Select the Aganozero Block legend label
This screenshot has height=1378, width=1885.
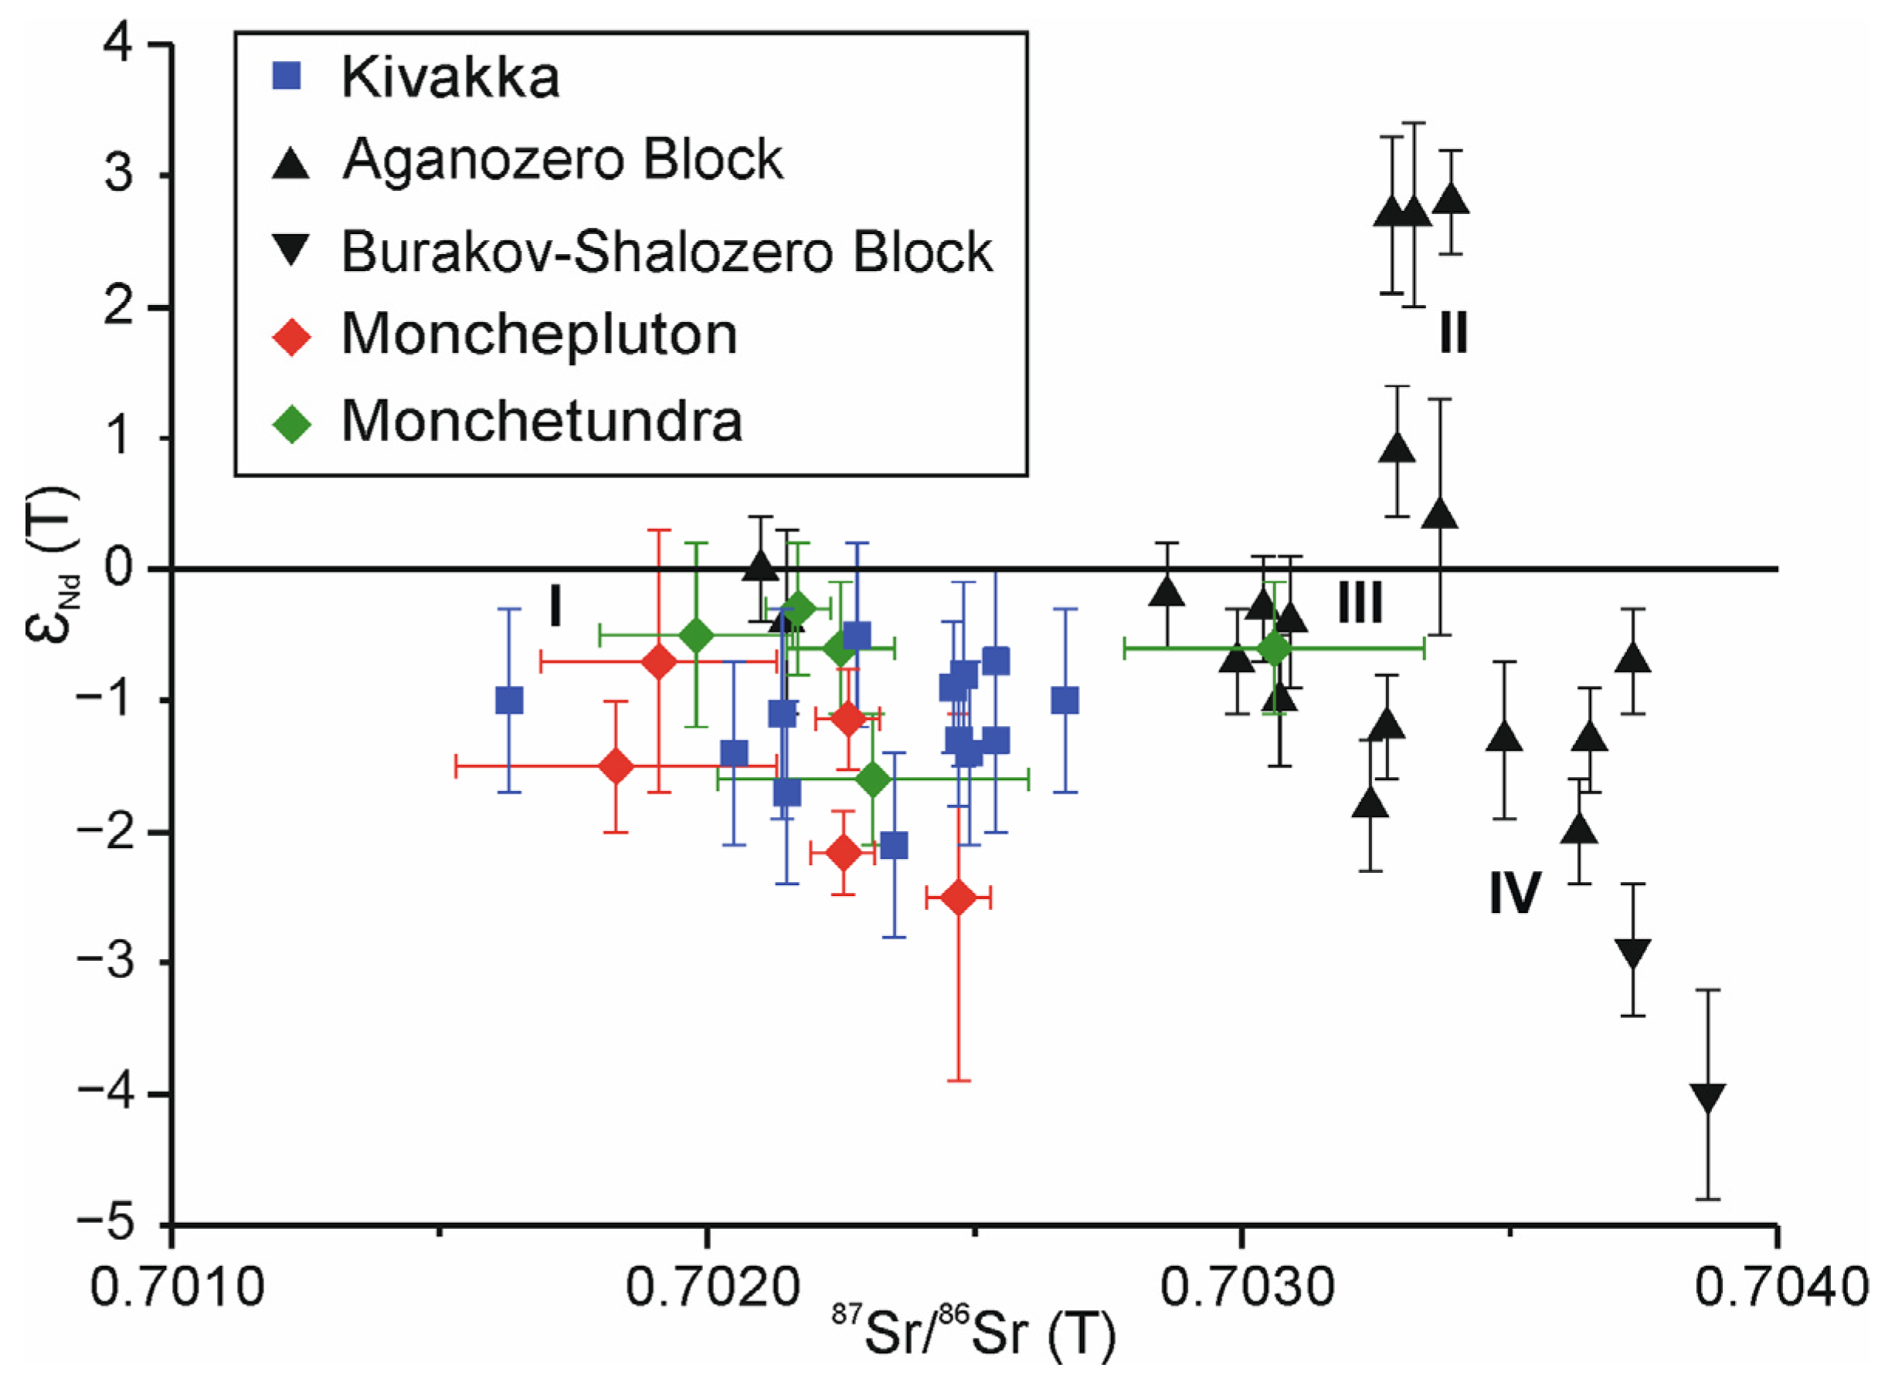coord(562,159)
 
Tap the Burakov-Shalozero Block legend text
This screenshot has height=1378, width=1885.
coord(667,251)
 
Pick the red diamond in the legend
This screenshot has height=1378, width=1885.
coord(292,337)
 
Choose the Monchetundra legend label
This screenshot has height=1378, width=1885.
coord(542,421)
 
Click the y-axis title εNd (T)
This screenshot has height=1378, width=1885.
coord(52,567)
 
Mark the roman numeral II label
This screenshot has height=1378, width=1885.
coord(1453,334)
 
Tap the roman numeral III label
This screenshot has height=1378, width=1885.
coord(1360,603)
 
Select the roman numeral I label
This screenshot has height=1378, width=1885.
coord(555,606)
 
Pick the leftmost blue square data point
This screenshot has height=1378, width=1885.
coord(510,701)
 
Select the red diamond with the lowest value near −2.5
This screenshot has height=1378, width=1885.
coord(959,898)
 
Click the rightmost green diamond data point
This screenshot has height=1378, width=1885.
coord(1275,648)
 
